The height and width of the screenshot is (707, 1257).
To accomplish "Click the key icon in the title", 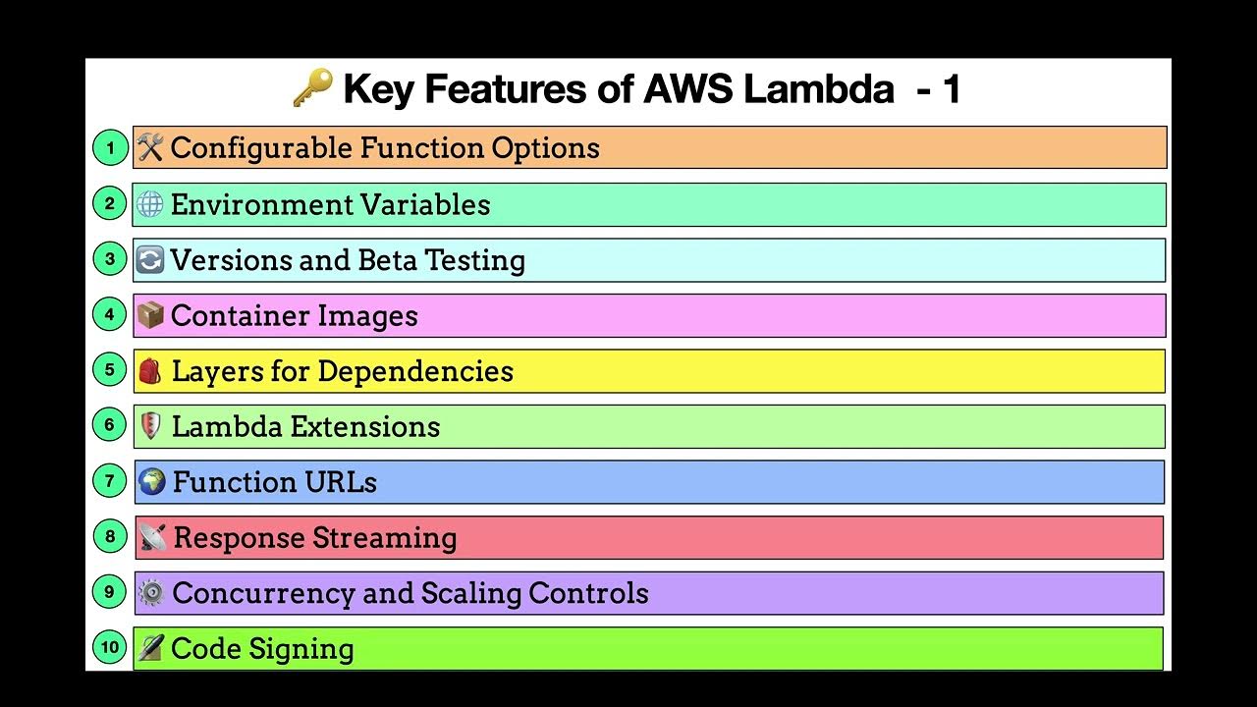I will [x=312, y=89].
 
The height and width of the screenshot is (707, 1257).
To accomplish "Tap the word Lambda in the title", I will [x=819, y=89].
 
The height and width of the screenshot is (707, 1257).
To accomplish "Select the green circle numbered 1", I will [x=110, y=148].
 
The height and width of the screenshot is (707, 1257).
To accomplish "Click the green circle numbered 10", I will [x=110, y=648].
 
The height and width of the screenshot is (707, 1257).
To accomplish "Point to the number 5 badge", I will [x=110, y=370].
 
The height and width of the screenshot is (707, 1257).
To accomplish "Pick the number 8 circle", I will [x=110, y=537].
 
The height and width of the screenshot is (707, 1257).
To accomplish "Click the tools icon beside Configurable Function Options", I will [x=149, y=148].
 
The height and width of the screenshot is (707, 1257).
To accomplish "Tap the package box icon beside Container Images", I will [x=149, y=315].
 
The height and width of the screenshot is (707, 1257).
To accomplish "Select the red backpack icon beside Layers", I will [x=149, y=371].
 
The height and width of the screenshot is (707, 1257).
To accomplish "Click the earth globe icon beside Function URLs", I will [x=151, y=482].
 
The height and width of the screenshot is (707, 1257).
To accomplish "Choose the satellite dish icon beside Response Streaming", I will [x=152, y=538].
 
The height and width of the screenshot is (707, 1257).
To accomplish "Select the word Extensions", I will [x=374, y=427].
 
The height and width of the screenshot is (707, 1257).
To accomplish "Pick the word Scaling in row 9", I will [x=470, y=593].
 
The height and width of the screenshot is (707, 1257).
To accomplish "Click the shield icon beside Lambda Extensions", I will [x=150, y=426].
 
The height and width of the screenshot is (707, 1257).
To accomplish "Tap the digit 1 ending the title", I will [x=950, y=89].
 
